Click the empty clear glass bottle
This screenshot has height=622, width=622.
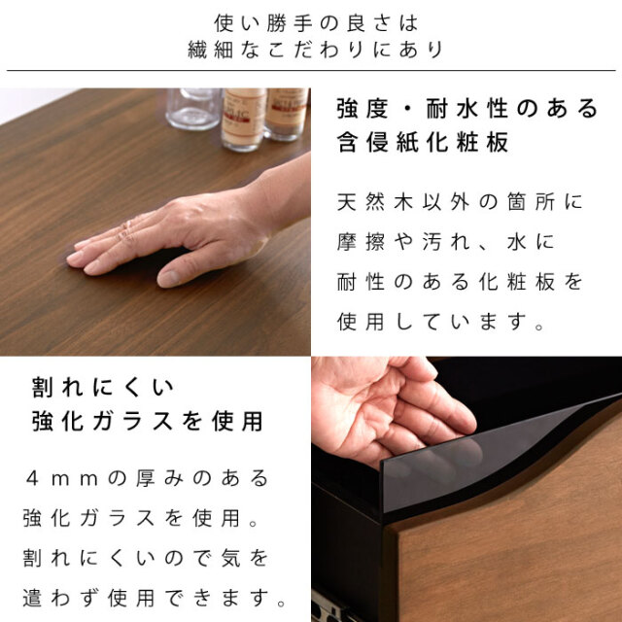pyautogui.click(x=193, y=108)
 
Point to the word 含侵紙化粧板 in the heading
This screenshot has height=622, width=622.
pyautogui.click(x=423, y=142)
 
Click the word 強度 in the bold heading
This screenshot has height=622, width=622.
pyautogui.click(x=363, y=109)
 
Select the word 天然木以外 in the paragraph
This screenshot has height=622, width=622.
pyautogui.click(x=403, y=202)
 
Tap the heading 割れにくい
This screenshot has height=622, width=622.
pyautogui.click(x=103, y=387)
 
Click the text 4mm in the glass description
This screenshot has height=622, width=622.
pyautogui.click(x=62, y=478)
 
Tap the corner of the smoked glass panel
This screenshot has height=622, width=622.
pyautogui.click(x=382, y=463)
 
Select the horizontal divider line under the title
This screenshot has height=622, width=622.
pyautogui.click(x=311, y=71)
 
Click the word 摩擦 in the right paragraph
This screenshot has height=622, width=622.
pyautogui.click(x=361, y=242)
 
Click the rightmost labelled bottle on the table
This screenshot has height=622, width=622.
pyautogui.click(x=286, y=115)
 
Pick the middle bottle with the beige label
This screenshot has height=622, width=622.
pyautogui.click(x=243, y=120)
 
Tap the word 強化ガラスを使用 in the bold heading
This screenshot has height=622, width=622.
pyautogui.click(x=147, y=421)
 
